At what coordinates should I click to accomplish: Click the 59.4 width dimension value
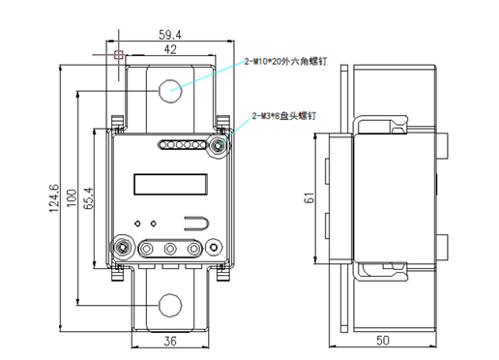point(170,35)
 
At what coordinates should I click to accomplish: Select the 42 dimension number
point(170,49)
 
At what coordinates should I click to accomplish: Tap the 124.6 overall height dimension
point(54,198)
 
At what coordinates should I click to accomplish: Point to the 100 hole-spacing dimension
point(72,198)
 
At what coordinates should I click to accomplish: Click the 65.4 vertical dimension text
point(88,198)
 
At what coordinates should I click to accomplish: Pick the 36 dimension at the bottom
point(170,341)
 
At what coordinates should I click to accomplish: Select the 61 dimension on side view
point(308,197)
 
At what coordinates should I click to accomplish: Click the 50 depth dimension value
point(383,341)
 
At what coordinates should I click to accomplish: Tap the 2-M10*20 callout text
point(285,61)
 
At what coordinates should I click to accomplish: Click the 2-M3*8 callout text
point(284,116)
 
